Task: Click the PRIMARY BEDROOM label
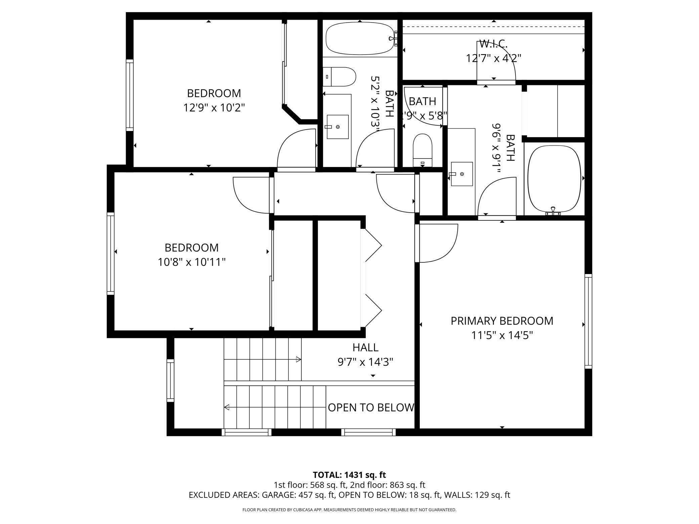pos(502,321)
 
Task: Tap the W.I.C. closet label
pos(493,44)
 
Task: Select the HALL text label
pos(365,347)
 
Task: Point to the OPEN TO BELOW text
pos(371,407)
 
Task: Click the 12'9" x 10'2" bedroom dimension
pos(214,108)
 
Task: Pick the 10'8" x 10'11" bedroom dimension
pos(192,262)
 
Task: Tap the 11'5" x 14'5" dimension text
pos(502,335)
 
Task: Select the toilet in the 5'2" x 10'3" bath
pos(339,77)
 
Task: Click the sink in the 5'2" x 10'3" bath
pos(337,127)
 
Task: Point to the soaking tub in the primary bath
pos(554,180)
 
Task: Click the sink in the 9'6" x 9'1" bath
pos(461,174)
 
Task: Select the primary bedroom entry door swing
pos(437,243)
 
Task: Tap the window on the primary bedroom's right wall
pos(588,321)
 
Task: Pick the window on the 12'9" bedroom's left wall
pos(130,95)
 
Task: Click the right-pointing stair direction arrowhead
pos(298,359)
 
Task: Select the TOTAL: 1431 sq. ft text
pos(349,475)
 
